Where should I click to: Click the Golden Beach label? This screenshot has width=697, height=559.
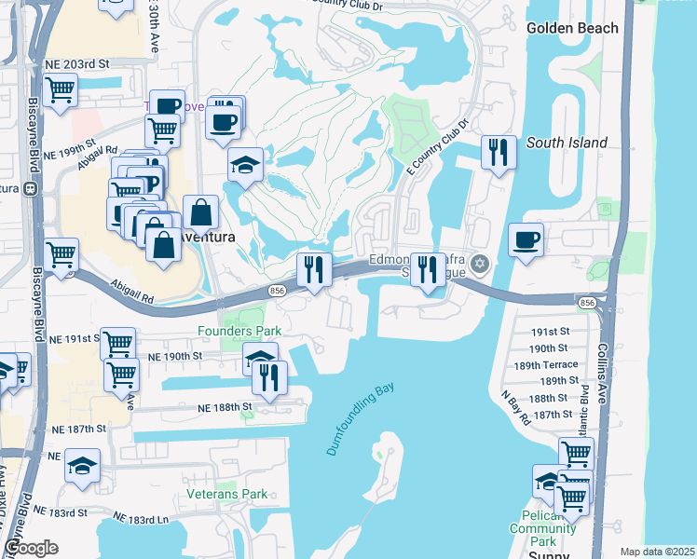pyautogui.click(x=571, y=28)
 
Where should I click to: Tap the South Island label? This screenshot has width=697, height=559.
pyautogui.click(x=567, y=143)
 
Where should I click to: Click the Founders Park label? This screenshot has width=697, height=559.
pyautogui.click(x=239, y=331)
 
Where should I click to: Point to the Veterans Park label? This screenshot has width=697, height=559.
pyautogui.click(x=226, y=494)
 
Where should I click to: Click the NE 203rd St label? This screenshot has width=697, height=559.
pyautogui.click(x=76, y=64)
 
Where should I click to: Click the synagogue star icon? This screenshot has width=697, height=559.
pyautogui.click(x=480, y=264)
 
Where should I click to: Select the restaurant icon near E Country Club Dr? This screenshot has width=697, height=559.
pyautogui.click(x=499, y=152)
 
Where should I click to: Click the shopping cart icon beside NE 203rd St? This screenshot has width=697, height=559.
pyautogui.click(x=60, y=90)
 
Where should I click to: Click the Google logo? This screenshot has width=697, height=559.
pyautogui.click(x=32, y=548)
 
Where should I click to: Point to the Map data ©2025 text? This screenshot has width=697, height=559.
pyautogui.click(x=656, y=552)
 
